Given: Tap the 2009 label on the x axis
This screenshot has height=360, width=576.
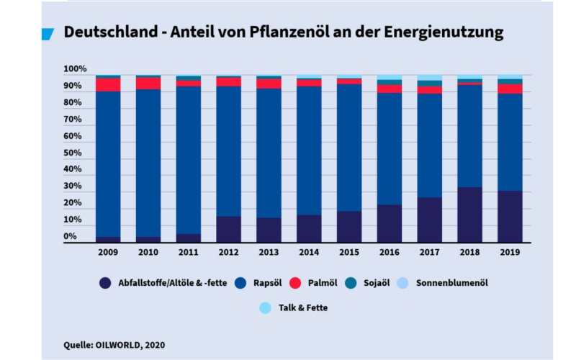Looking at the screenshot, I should tap(108, 253).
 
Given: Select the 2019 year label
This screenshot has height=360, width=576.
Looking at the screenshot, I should tap(510, 253).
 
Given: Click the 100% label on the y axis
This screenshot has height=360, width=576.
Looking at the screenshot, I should tap(75, 69).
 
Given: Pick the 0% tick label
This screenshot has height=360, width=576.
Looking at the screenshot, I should tap(69, 236).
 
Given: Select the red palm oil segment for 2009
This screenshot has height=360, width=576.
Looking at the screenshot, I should tap(108, 84).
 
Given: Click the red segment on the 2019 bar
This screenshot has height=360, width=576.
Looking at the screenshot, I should tap(510, 89).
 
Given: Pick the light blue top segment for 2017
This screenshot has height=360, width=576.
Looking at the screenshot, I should tap(429, 77).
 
